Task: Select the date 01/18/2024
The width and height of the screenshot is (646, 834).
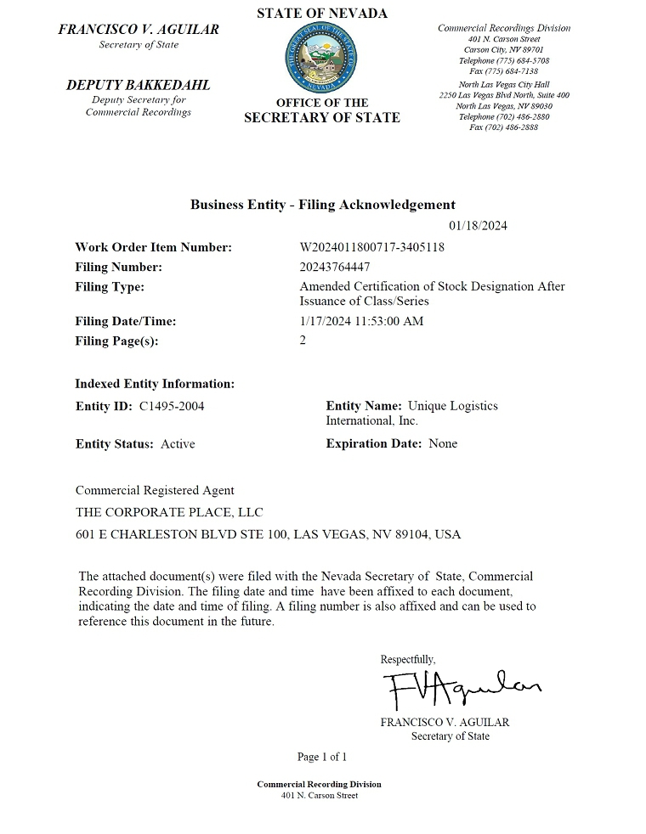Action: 478,226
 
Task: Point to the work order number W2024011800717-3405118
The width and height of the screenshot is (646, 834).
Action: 372,247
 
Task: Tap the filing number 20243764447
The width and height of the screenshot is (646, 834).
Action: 335,267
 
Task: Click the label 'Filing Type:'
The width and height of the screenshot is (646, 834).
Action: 110,287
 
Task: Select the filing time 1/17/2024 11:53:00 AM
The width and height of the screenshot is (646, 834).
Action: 361,321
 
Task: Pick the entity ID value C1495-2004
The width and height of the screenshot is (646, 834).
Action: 172,406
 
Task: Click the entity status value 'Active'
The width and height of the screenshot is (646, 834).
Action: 178,443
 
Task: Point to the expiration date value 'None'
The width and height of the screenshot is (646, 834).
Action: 443,443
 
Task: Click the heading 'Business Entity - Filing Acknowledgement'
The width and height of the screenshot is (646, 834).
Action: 322,205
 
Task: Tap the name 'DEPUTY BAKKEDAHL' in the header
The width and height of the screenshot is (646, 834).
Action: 138,85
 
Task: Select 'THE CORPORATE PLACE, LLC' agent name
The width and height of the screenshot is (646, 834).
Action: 169,512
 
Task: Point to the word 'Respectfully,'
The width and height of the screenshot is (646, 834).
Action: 408,659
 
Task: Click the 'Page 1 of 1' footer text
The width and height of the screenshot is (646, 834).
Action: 322,757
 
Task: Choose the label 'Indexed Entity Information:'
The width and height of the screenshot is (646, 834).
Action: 155,384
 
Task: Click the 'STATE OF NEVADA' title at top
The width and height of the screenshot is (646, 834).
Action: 322,13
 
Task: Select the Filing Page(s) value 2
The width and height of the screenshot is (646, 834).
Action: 303,341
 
